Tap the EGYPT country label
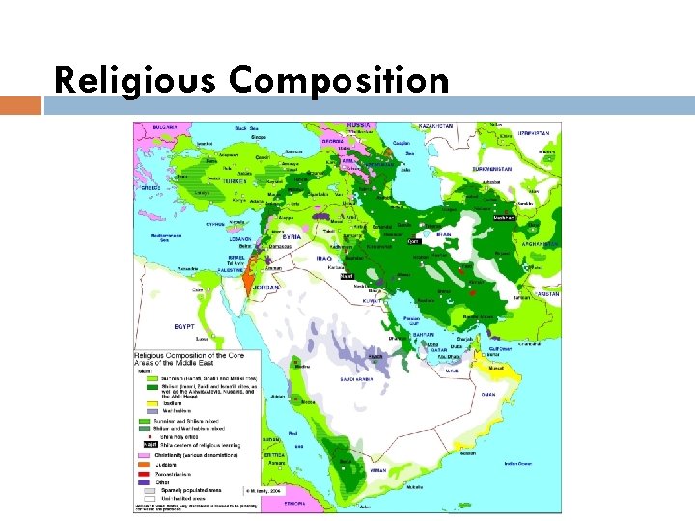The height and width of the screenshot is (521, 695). [x=184, y=326]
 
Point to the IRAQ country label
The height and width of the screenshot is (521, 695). [x=325, y=260]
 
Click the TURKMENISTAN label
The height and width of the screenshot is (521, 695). [x=493, y=168]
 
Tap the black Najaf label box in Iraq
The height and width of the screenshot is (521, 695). [x=347, y=276]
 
